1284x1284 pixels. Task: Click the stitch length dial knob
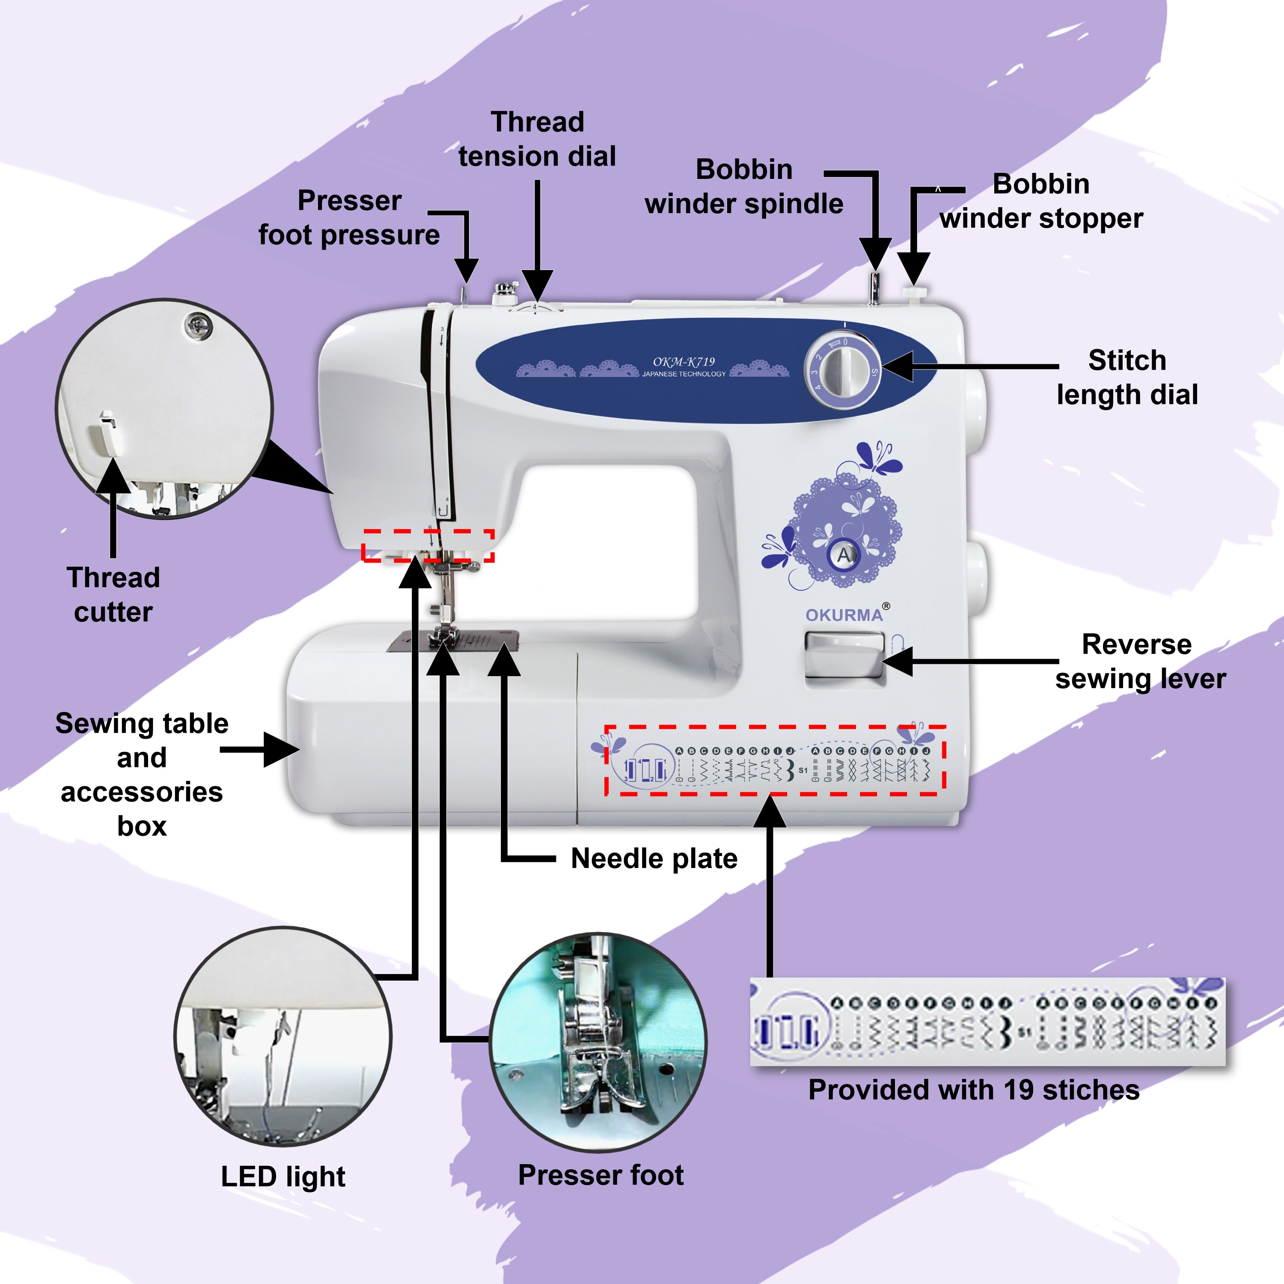click(x=843, y=371)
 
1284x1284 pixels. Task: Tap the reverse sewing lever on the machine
click(x=844, y=655)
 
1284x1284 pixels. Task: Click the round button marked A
click(x=844, y=555)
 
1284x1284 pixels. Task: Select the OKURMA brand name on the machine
click(x=844, y=615)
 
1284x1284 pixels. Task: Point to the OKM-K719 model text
click(x=684, y=362)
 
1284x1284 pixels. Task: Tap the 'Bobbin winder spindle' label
click(x=744, y=187)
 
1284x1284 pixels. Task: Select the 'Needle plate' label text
click(x=654, y=859)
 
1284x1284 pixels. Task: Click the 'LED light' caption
click(x=283, y=1176)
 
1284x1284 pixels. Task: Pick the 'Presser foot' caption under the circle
click(x=601, y=1175)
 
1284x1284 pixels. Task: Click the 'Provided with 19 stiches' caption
click(x=974, y=1090)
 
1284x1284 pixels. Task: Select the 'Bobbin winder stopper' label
click(x=1041, y=201)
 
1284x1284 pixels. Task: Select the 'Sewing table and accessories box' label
click(x=142, y=774)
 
